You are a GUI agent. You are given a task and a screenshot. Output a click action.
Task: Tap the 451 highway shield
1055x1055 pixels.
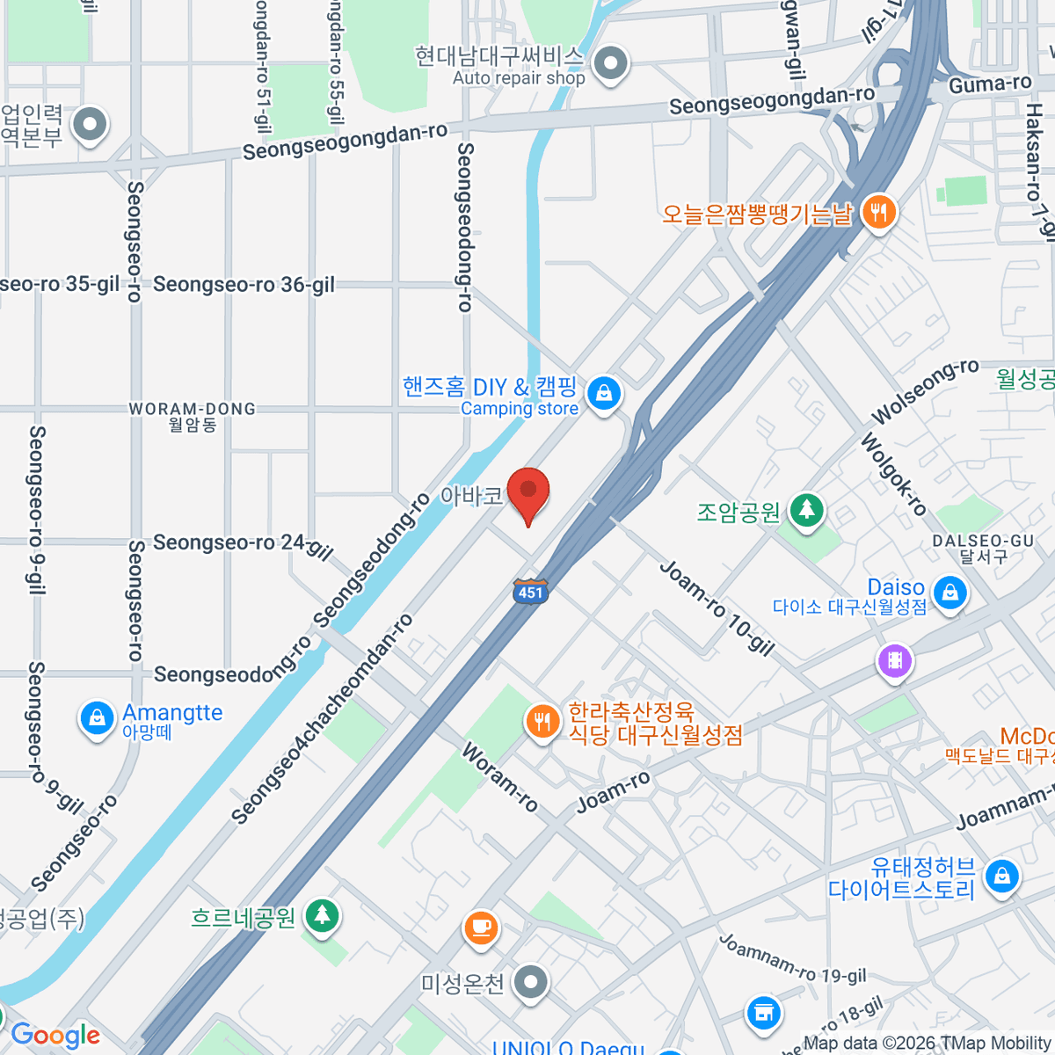pyautogui.click(x=530, y=591)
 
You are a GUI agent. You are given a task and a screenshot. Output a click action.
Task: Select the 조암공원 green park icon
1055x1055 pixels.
pyautogui.click(x=806, y=510)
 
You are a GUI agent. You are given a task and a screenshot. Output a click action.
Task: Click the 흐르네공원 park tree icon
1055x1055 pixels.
pyautogui.click(x=323, y=917)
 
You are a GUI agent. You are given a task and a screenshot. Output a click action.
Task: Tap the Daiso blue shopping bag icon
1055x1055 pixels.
pyautogui.click(x=949, y=593)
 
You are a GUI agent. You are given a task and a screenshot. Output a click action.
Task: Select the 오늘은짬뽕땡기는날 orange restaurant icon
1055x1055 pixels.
pyautogui.click(x=877, y=213)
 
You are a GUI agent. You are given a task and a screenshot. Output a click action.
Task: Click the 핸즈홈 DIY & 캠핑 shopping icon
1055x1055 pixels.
pyautogui.click(x=604, y=394)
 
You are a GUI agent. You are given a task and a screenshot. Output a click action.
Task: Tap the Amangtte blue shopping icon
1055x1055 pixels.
pyautogui.click(x=97, y=718)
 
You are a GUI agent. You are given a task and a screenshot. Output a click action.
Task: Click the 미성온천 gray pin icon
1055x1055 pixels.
pyautogui.click(x=531, y=983)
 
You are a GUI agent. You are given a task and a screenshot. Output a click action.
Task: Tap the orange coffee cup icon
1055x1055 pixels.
pyautogui.click(x=481, y=927)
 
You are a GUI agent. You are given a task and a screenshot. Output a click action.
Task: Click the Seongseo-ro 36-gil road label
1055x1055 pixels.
pyautogui.click(x=244, y=285)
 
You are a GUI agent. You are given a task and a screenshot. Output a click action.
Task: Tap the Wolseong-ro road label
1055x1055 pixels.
pyautogui.click(x=925, y=391)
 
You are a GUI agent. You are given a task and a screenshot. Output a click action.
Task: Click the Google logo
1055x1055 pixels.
pyautogui.click(x=55, y=1036)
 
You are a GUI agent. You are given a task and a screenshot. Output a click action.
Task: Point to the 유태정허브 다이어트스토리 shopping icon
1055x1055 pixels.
pyautogui.click(x=1001, y=877)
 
